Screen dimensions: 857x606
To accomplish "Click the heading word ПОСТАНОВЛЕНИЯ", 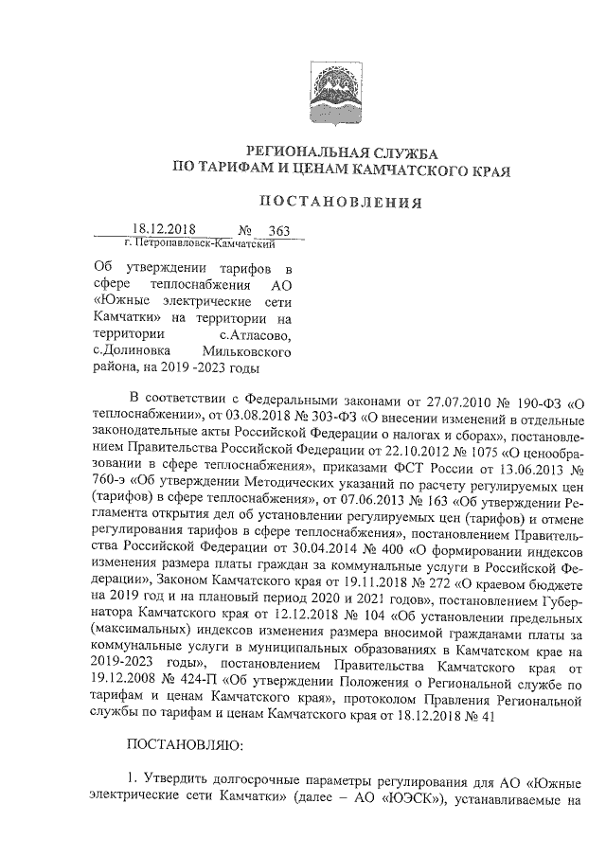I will tap(340, 201).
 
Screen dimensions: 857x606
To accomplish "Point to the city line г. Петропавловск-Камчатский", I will tap(193, 244).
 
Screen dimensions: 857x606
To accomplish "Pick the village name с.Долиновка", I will tap(133, 351).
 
